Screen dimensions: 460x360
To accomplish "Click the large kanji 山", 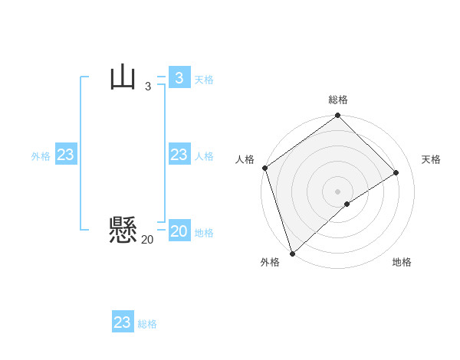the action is [x=123, y=77].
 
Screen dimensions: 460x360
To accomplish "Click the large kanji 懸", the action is [x=123, y=229].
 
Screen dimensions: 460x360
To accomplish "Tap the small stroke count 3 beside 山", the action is [x=148, y=87].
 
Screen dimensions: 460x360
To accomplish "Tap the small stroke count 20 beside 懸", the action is [x=147, y=240].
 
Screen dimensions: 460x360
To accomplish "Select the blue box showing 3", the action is [x=179, y=77].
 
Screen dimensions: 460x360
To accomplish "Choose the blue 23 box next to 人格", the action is [x=179, y=155].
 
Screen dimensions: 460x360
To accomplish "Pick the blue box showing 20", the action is [x=179, y=231].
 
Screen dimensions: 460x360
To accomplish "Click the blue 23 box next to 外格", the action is [x=66, y=155].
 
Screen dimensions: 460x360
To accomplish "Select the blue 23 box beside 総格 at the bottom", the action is [x=123, y=322].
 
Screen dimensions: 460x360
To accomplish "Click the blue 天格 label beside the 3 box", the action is [x=204, y=80].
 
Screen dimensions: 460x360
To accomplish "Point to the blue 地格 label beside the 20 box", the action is [x=204, y=233].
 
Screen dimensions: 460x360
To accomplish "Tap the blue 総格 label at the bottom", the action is [x=147, y=325].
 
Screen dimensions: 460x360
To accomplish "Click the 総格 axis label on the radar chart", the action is [x=338, y=100].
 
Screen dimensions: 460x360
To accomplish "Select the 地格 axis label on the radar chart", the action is [x=402, y=262].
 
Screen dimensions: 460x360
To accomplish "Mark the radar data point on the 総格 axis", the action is [x=338, y=116].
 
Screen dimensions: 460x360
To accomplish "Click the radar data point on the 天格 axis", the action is [x=396, y=173].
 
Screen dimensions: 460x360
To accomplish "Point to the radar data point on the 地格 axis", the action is [x=347, y=204].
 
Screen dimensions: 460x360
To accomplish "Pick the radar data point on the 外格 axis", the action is [x=292, y=253].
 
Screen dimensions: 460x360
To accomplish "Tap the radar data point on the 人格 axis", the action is [x=265, y=168].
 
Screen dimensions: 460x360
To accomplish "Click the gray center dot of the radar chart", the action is [x=338, y=191].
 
